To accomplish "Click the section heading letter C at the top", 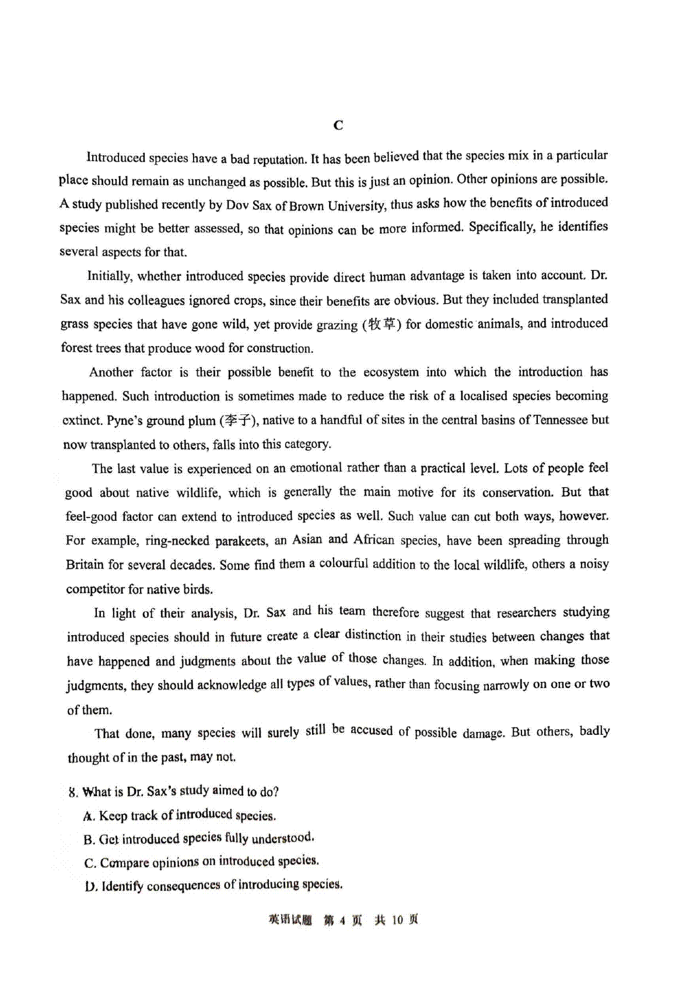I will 338,125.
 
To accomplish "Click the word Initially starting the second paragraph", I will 108,276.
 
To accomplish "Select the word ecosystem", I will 391,372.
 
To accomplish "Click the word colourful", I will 343,564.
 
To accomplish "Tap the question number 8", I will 72,793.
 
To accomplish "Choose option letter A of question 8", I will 89,817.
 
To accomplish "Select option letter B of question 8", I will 89,840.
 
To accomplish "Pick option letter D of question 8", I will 89,887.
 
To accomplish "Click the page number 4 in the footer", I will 342,920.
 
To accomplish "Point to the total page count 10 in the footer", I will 397,920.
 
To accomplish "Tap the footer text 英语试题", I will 290,920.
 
